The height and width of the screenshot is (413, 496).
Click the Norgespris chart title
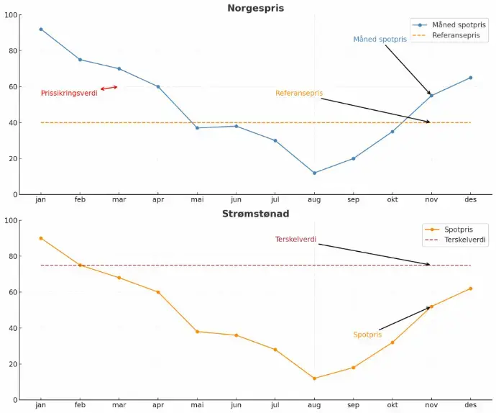pyautogui.click(x=255, y=9)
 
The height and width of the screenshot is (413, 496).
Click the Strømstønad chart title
pyautogui.click(x=255, y=214)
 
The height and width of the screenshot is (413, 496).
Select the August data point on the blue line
pyautogui.click(x=314, y=173)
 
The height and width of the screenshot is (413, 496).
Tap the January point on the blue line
pyautogui.click(x=41, y=29)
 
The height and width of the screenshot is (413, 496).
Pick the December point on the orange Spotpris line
pyautogui.click(x=471, y=289)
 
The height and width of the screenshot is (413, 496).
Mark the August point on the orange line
pyautogui.click(x=314, y=378)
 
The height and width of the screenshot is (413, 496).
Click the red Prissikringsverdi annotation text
pyautogui.click(x=69, y=94)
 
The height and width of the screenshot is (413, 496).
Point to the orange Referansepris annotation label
pyautogui.click(x=299, y=94)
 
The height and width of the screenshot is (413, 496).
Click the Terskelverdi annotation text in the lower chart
pyautogui.click(x=295, y=240)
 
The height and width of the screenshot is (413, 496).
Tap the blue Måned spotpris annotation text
pyautogui.click(x=380, y=40)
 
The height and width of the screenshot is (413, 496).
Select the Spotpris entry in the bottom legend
pyautogui.click(x=459, y=230)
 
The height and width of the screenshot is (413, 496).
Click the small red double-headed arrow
pyautogui.click(x=109, y=88)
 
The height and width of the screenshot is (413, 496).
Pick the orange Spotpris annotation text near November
pyautogui.click(x=367, y=335)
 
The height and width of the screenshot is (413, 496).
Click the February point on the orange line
pyautogui.click(x=80, y=265)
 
